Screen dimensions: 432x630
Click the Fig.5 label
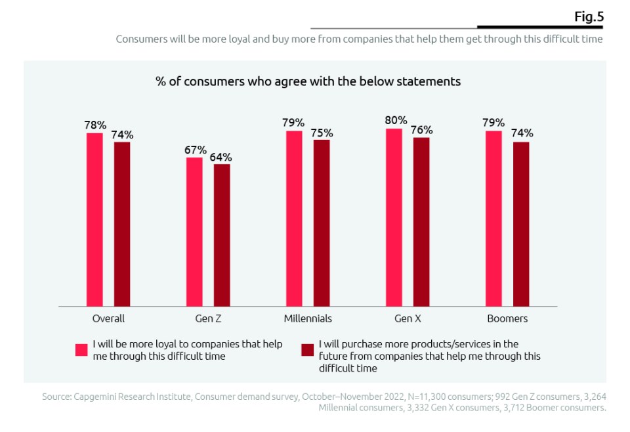[589, 17]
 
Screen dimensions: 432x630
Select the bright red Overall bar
[95, 219]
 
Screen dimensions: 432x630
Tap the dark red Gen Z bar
[222, 234]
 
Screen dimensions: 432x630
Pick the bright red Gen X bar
[394, 217]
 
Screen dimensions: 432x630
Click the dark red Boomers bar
[521, 224]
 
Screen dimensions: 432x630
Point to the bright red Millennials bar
[294, 218]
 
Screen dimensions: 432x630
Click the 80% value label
[396, 120]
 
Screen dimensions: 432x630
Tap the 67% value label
[196, 150]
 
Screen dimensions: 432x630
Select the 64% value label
[220, 157]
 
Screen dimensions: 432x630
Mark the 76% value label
[421, 130]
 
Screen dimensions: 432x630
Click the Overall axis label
[108, 318]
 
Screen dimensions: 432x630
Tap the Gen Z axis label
[208, 318]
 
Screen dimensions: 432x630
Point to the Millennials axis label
[308, 318]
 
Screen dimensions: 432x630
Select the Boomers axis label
[508, 318]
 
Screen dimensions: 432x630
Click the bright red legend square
[82, 349]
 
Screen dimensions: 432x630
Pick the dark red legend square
[307, 349]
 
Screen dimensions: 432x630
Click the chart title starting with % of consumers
[308, 81]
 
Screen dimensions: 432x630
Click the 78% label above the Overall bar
[95, 125]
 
